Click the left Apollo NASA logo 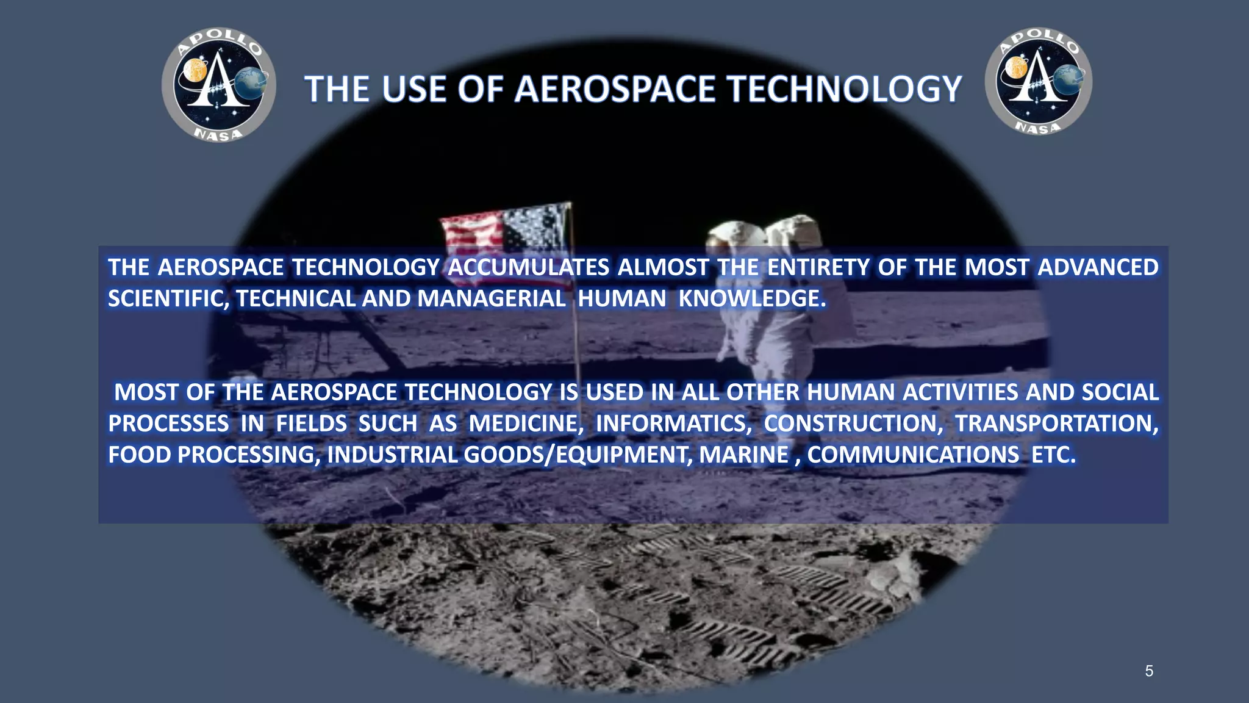coord(218,85)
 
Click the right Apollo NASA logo coord(1038,81)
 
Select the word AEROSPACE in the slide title coord(615,89)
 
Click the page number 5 coord(1149,671)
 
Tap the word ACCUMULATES coord(528,267)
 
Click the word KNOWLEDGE coord(752,298)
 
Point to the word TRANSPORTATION coord(1056,424)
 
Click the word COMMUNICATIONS coord(913,455)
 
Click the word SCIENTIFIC coord(168,298)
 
